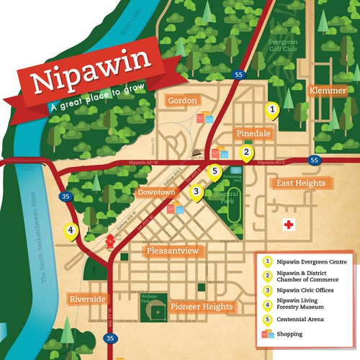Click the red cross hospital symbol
pyautogui.click(x=289, y=224)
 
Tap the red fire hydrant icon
pyautogui.click(x=109, y=240)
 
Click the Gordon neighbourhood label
pyautogui.click(x=182, y=101)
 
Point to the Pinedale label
pyautogui.click(x=252, y=134)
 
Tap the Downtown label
pyautogui.click(x=158, y=193)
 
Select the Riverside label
pyautogui.click(x=89, y=299)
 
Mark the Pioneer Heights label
pyautogui.click(x=202, y=307)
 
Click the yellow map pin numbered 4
pyautogui.click(x=71, y=231)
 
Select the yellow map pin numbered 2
pyautogui.click(x=246, y=153)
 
